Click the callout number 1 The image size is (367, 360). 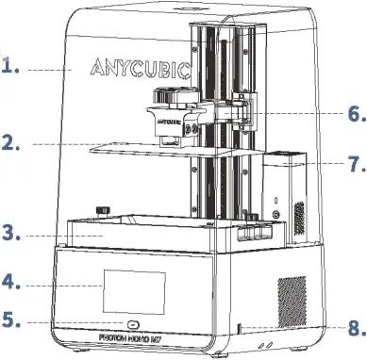(10, 66)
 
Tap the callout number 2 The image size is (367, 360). (10, 142)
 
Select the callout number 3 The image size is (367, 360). (11, 233)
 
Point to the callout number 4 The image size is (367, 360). (11, 282)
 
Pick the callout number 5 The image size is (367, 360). (11, 320)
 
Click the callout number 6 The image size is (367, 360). (357, 114)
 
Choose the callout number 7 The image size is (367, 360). (357, 163)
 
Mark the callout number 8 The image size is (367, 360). (357, 328)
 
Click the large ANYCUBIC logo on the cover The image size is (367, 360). (141, 70)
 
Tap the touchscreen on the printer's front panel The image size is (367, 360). (135, 292)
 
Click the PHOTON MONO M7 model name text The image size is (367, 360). (132, 338)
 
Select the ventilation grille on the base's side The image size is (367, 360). (292, 301)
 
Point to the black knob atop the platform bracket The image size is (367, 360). (176, 96)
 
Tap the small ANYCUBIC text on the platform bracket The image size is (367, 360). (169, 122)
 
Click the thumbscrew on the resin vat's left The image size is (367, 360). (103, 211)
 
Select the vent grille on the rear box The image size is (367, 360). (299, 219)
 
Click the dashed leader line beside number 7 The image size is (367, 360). (318, 163)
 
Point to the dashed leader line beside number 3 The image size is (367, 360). (65, 236)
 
